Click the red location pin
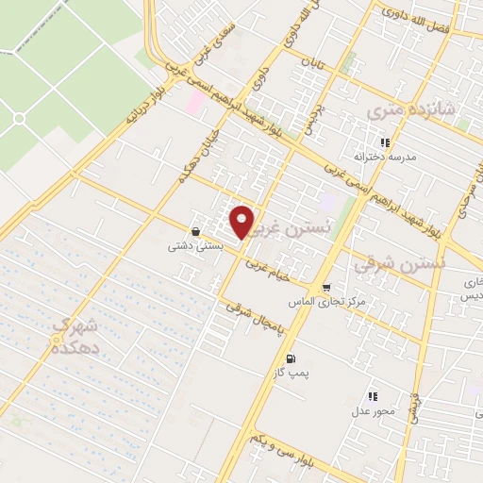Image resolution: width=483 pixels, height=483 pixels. click(x=242, y=221)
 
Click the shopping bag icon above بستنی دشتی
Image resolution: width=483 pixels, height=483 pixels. click(x=195, y=231)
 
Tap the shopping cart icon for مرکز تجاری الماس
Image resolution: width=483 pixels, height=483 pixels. click(x=326, y=288)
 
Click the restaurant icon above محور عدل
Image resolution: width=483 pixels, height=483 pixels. click(x=373, y=396)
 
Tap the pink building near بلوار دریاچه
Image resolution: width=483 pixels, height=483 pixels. click(x=194, y=102)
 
